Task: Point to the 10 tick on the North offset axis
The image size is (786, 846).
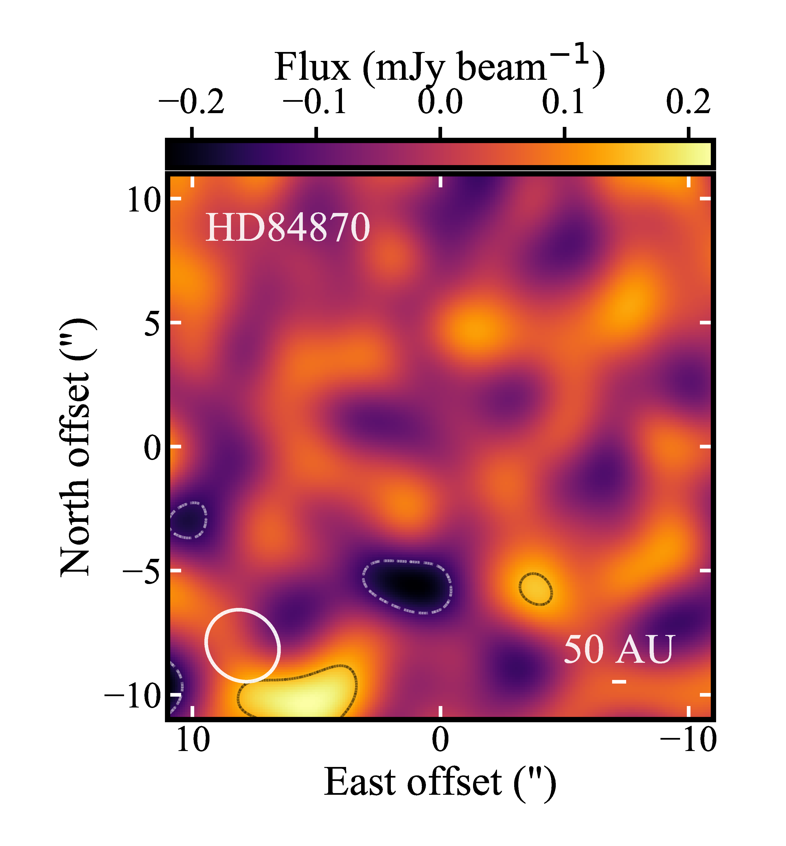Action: [x=143, y=201]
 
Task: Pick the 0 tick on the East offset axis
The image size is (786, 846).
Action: [x=440, y=740]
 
